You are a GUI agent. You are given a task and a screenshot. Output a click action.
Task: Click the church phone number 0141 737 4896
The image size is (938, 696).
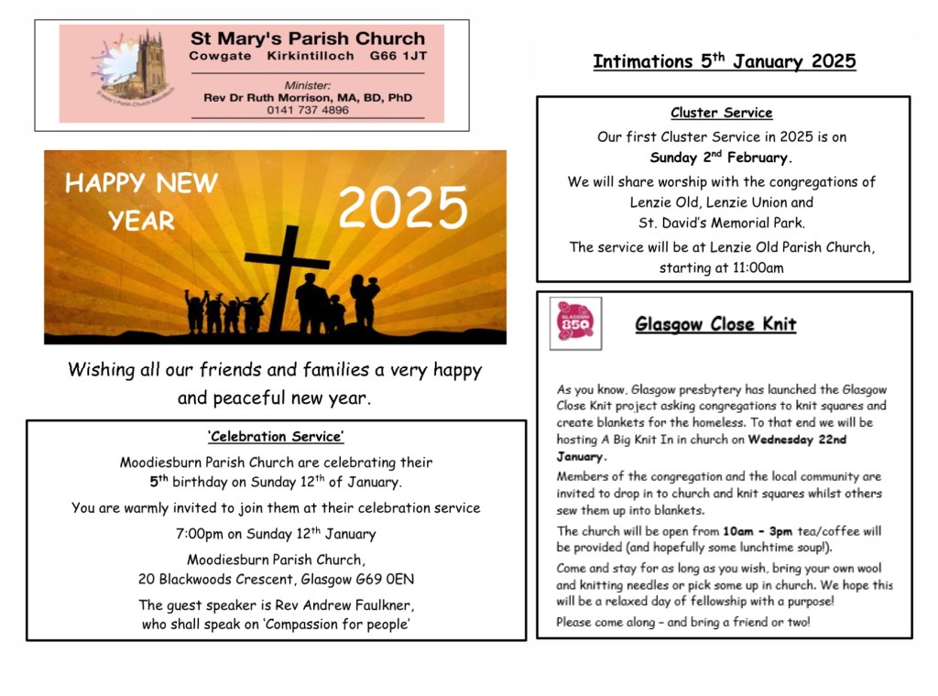point(308,110)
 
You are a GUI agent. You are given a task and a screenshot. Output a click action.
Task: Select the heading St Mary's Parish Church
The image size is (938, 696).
point(308,39)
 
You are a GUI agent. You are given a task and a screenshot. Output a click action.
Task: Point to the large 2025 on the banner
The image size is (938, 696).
point(403,209)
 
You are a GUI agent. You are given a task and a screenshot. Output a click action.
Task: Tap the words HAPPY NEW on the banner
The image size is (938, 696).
point(141,184)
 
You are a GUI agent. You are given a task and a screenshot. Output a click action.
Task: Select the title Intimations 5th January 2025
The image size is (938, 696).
point(724,62)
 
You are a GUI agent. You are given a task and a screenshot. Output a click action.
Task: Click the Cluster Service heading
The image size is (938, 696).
point(722,114)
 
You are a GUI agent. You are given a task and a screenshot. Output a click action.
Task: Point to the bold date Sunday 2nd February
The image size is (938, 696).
point(722,158)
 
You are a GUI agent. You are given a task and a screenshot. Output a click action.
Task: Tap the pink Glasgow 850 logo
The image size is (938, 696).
point(575,322)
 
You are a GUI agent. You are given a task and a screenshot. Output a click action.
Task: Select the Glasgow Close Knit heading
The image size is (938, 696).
point(715,325)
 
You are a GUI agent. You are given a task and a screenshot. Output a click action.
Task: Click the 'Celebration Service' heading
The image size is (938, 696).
point(276,437)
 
